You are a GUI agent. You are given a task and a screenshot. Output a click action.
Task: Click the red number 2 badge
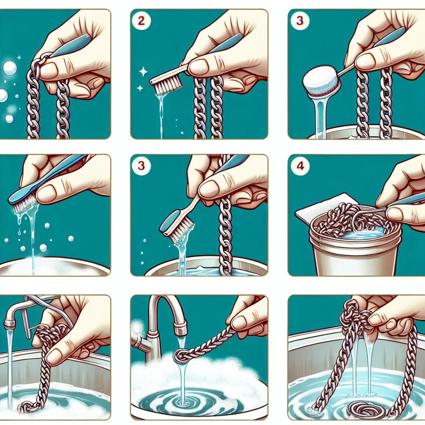(141, 21)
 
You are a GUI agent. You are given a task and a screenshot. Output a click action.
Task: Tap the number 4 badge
(300, 166)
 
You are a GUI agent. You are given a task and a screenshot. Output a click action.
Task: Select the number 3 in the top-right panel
(299, 21)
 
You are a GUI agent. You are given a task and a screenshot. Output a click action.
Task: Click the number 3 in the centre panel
(141, 166)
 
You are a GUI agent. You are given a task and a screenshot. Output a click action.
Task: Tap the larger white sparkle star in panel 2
(143, 72)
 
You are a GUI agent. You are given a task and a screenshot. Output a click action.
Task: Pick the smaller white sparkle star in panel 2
(140, 88)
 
